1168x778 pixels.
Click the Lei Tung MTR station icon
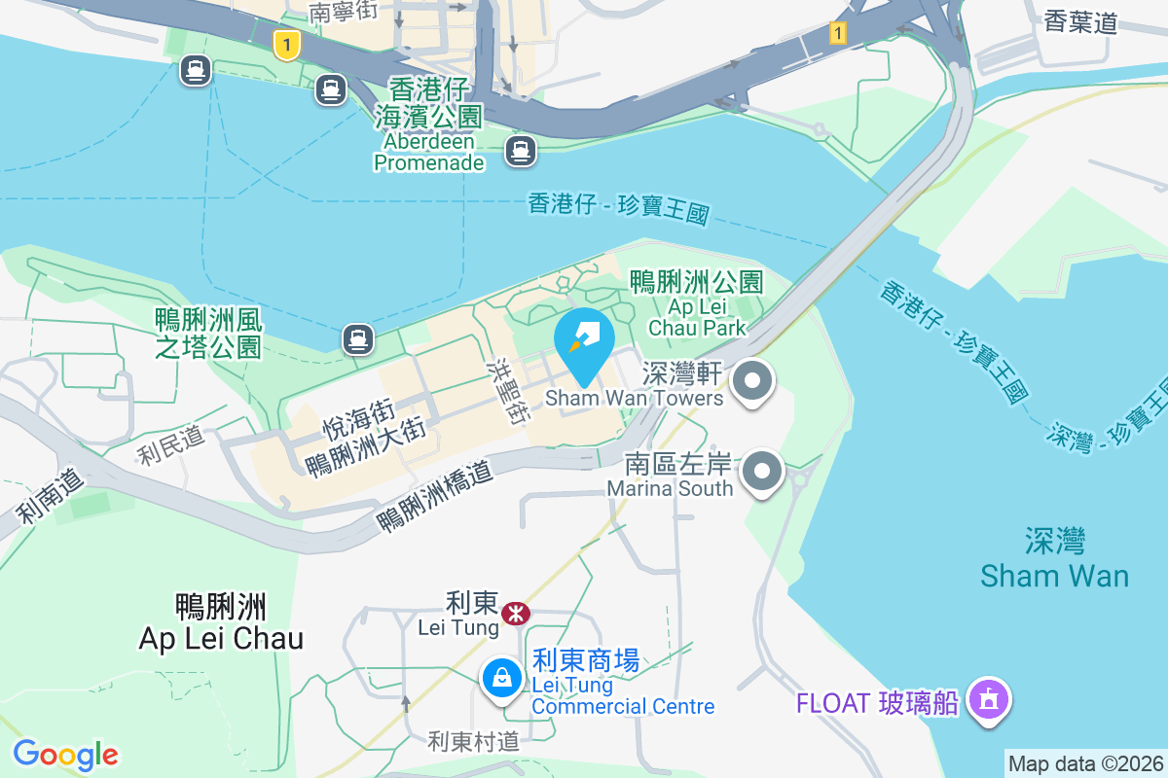(x=515, y=613)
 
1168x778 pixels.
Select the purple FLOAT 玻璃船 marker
(x=989, y=700)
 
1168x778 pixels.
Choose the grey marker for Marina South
(x=763, y=474)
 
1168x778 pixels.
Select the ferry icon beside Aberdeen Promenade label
(x=521, y=150)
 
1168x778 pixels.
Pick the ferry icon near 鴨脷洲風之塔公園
(x=358, y=338)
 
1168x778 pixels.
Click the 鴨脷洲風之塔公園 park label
(x=208, y=333)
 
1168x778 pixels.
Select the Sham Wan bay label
(x=1054, y=558)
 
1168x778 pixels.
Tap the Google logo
(x=65, y=755)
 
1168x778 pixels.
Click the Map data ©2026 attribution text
(x=1084, y=763)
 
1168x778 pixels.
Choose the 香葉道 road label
(x=1079, y=22)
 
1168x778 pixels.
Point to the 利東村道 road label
(x=474, y=742)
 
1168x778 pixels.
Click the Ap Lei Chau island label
(x=221, y=622)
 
